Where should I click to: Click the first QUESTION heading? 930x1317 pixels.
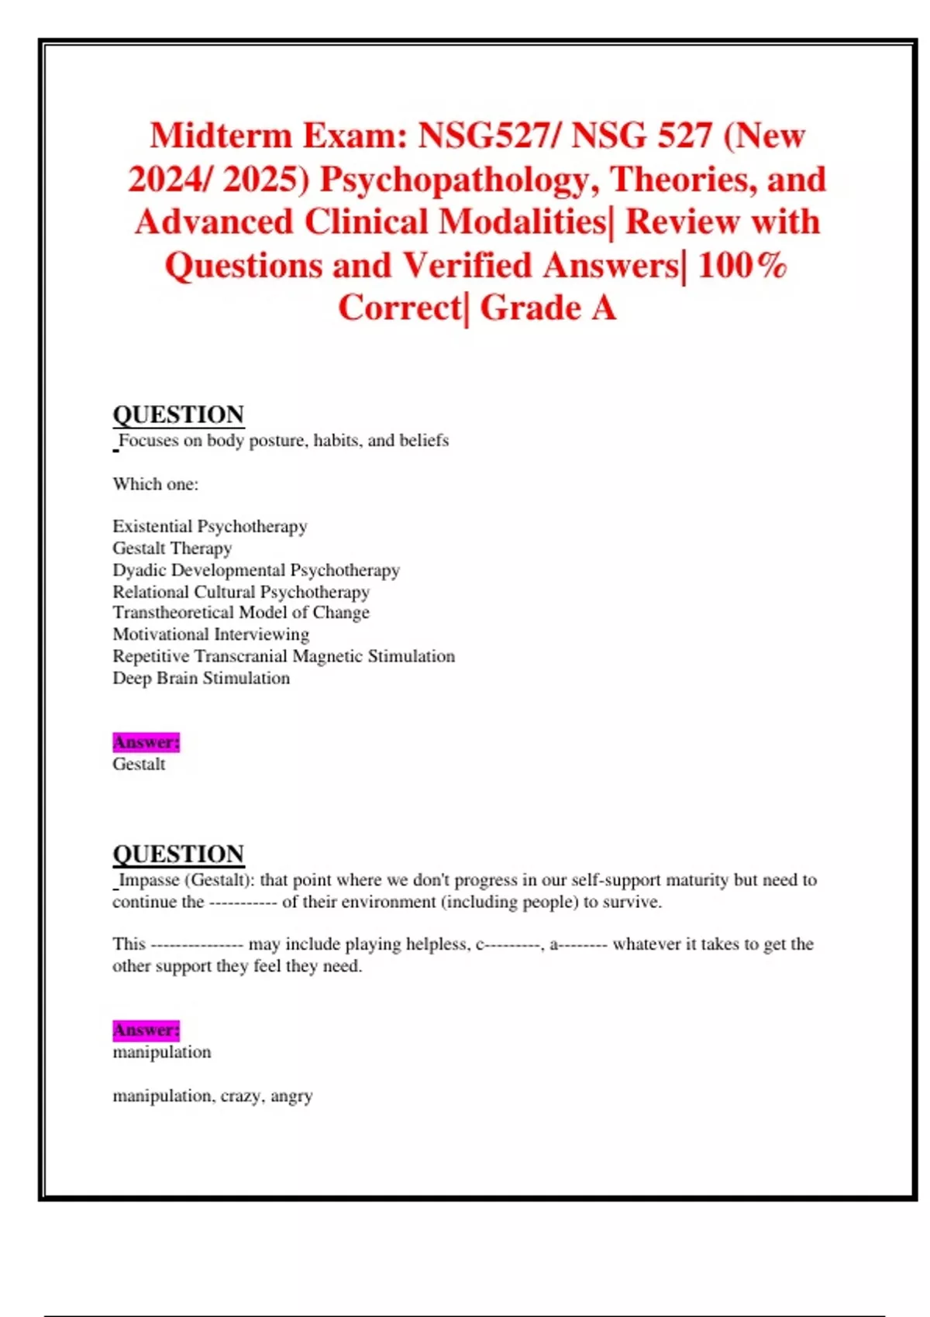point(178,414)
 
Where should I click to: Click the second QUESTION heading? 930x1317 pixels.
point(178,854)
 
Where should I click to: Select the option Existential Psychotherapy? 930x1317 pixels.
point(209,527)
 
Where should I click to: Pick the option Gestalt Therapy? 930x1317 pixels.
point(172,548)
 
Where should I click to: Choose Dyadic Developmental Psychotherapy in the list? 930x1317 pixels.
point(256,570)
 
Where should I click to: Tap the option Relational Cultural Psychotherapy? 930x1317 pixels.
point(241,592)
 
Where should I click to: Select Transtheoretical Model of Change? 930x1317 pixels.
point(241,613)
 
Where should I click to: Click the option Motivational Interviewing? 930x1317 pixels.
point(211,634)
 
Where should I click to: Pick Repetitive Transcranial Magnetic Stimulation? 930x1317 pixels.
point(284,656)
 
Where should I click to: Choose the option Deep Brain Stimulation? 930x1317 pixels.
point(201,678)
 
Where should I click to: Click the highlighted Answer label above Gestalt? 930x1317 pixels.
point(146,742)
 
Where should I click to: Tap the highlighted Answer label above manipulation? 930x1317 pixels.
point(146,1030)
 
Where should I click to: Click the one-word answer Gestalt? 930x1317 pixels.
point(139,764)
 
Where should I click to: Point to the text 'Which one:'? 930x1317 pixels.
point(155,484)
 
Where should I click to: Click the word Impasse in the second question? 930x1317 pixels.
point(149,880)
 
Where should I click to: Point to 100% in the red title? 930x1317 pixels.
point(742,266)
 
